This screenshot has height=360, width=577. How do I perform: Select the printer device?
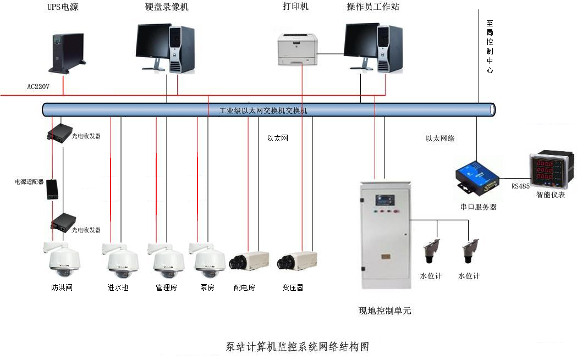click(x=298, y=49)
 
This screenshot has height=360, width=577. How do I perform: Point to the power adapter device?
click(x=52, y=189)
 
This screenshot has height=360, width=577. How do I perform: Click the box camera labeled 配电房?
click(x=249, y=261)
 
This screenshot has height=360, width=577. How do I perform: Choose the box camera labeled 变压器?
click(x=296, y=261)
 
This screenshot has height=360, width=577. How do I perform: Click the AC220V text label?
click(x=39, y=86)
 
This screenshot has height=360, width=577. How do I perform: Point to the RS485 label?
click(x=520, y=186)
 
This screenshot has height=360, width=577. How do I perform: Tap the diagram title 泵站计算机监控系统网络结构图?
click(x=297, y=347)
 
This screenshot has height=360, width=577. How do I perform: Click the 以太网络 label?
click(x=440, y=139)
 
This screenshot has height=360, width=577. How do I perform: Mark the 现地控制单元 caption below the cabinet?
click(x=384, y=311)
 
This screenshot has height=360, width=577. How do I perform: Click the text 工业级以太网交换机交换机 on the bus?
click(x=263, y=110)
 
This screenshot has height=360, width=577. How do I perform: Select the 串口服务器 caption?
click(x=478, y=207)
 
